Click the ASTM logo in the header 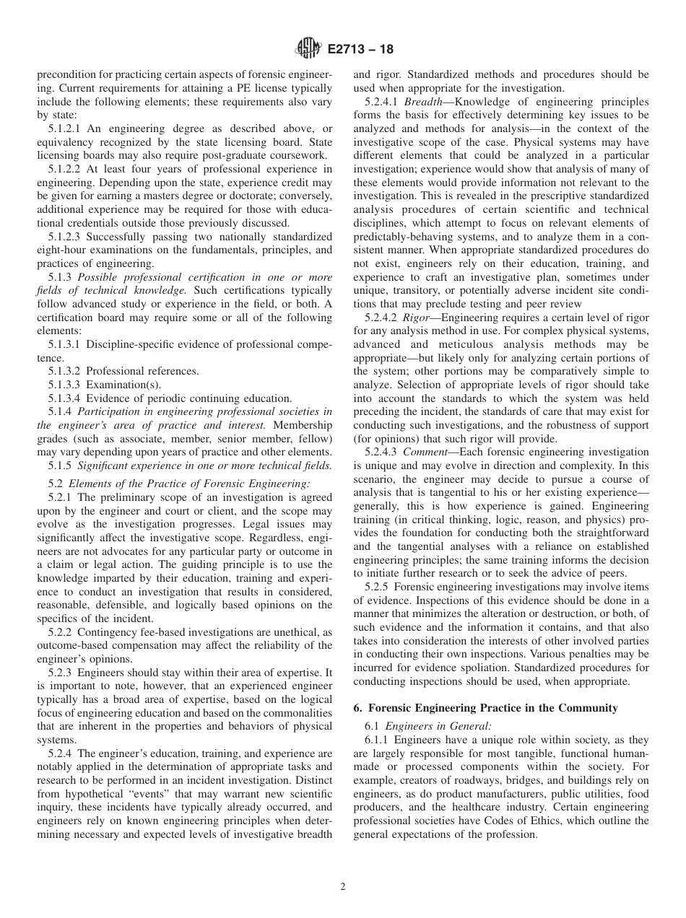308,50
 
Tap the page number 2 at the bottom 343,887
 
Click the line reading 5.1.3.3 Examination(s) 105,385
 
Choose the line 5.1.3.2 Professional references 123,371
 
